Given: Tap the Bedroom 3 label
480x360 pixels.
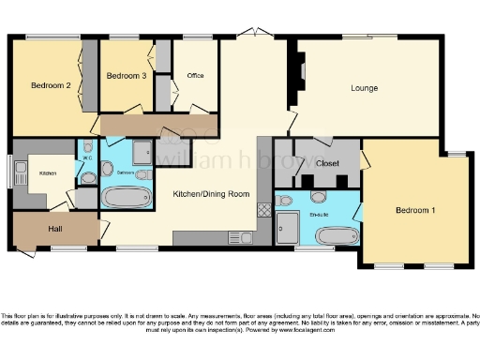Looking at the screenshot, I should coord(126,76).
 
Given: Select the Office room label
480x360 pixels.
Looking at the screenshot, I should coord(195,76).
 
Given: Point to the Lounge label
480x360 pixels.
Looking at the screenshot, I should coord(365,89).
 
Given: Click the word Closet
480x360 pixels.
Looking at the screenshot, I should coord(327,161).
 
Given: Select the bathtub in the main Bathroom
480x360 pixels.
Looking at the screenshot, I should coord(126,198).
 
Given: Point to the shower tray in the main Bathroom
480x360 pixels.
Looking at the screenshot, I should coord(143,151).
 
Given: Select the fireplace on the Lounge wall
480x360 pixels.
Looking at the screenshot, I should coord(302,70).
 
